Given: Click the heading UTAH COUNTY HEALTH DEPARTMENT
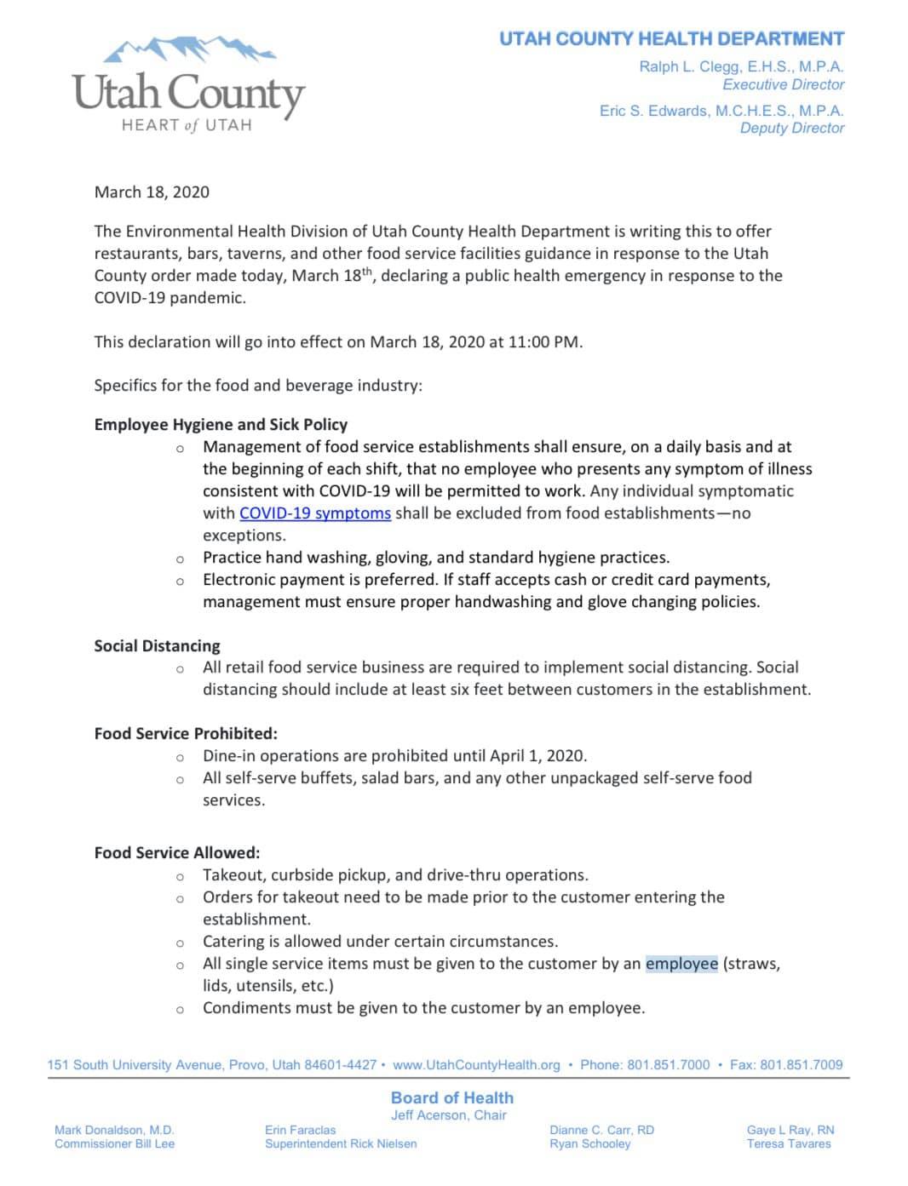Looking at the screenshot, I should tap(671, 39).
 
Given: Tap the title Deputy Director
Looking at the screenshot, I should tap(792, 128).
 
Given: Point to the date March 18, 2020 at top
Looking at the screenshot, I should tap(152, 192).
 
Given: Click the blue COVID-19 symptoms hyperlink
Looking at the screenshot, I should tap(315, 513).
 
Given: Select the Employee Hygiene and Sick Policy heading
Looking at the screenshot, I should tap(221, 424).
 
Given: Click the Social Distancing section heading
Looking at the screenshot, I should tap(157, 645).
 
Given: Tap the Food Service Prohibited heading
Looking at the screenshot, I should tap(186, 733).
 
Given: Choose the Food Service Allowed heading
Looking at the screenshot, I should tap(177, 852).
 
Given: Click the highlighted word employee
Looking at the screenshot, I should tap(681, 963).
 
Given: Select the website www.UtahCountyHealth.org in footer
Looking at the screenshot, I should tap(476, 1064).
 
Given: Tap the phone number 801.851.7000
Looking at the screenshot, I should tap(668, 1064).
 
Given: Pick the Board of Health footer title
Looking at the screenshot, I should tap(451, 1097).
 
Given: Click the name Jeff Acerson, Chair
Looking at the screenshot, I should tap(448, 1114).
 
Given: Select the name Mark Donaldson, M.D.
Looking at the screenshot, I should tap(114, 1130).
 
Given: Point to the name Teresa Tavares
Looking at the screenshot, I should tap(789, 1143).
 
